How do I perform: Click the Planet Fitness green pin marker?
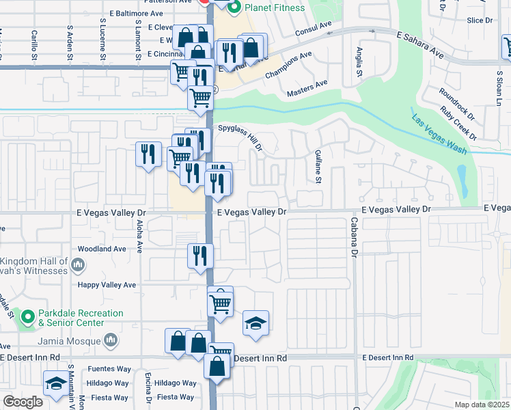coord(234,8)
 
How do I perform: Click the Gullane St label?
coord(318,167)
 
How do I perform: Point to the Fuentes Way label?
coord(109,369)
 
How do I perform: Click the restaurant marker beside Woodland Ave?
coord(200,256)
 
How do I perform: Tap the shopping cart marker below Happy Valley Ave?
coord(220,301)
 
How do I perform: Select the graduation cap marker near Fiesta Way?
coord(56,383)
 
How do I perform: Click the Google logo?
coord(23,402)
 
